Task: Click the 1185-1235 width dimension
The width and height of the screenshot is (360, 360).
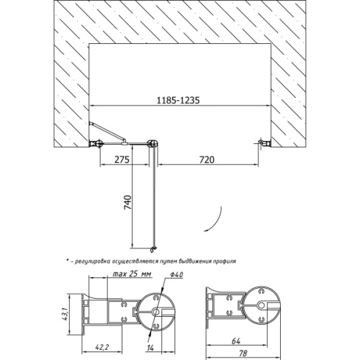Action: [x=178, y=100]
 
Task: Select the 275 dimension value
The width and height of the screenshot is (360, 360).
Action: [x=122, y=160]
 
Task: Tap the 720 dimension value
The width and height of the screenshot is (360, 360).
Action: [x=207, y=160]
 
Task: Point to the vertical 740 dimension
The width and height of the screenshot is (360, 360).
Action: [x=127, y=202]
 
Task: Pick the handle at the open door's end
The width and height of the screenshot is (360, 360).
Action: [x=153, y=250]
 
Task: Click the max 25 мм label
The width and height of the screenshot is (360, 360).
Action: [x=132, y=274]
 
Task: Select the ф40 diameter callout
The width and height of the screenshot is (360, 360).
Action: [x=176, y=274]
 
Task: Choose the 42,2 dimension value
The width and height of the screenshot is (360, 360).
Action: [x=102, y=347]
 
